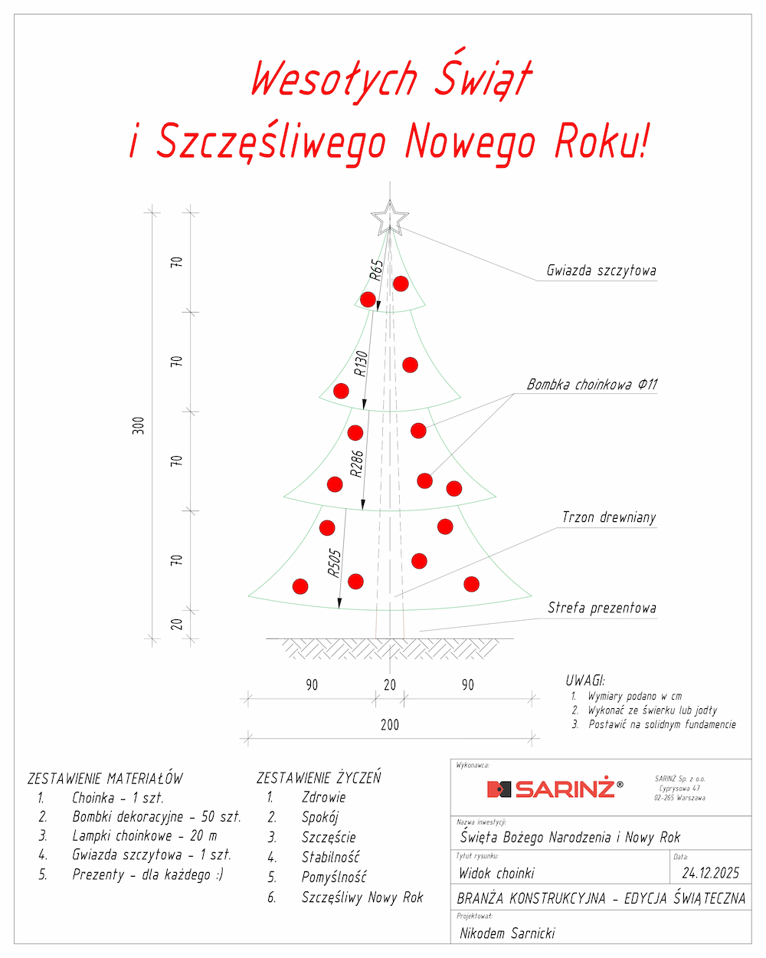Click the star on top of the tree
389,218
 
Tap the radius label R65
376,270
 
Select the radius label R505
334,563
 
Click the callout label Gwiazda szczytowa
601,271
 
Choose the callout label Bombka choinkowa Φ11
591,385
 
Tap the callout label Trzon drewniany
609,517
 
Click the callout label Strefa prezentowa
601,608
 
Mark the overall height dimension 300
138,426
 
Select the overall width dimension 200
390,724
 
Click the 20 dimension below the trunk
390,685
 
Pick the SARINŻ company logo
555,788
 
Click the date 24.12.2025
710,873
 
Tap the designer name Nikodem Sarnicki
507,933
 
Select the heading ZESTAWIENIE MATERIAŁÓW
105,779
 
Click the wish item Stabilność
330,857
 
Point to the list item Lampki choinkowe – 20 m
144,835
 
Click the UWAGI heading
585,681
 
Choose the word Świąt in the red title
483,79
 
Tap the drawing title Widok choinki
496,873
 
